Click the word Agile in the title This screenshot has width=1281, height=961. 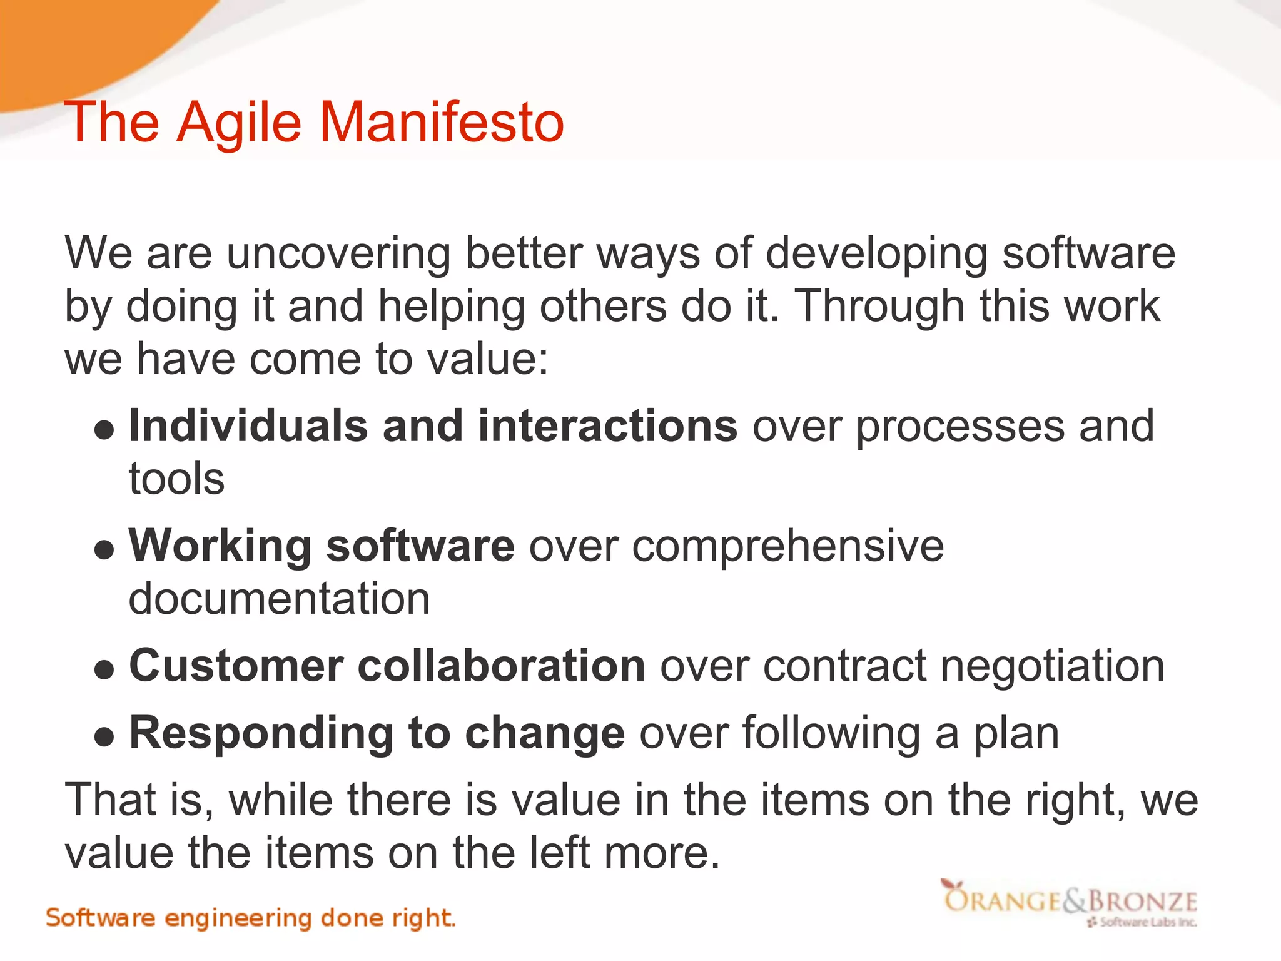pos(240,123)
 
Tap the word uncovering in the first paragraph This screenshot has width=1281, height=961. pos(338,253)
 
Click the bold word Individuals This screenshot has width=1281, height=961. pos(248,426)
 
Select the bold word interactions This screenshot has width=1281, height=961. pos(608,426)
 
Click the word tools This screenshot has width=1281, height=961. pos(176,479)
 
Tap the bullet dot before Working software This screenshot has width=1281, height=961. pos(104,550)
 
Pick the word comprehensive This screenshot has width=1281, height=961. pos(787,547)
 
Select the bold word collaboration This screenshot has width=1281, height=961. pos(501,666)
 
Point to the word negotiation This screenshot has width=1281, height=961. pos(1053,666)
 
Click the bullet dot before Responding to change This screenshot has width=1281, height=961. pos(104,737)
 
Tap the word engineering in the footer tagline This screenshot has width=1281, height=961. pos(238,919)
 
